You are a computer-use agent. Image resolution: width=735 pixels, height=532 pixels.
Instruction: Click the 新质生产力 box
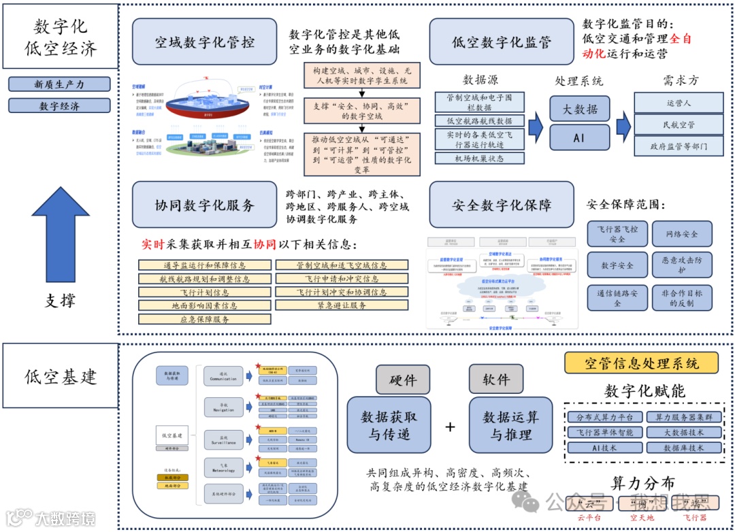click(x=59, y=84)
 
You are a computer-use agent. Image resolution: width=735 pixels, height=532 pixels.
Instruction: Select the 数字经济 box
click(x=59, y=106)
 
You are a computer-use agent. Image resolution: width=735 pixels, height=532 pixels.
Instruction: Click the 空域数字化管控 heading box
click(x=204, y=41)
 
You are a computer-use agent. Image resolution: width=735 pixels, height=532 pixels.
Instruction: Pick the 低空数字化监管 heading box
click(x=502, y=41)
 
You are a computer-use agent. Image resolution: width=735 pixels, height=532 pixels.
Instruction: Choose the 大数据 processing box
click(x=578, y=108)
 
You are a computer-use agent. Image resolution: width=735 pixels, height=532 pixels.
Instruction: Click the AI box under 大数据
click(x=578, y=137)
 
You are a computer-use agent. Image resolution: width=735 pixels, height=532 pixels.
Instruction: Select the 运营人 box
click(x=679, y=103)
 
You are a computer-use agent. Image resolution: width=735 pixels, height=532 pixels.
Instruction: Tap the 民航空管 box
click(x=679, y=124)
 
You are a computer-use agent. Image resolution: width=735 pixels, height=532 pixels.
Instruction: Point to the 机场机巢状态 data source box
click(x=479, y=159)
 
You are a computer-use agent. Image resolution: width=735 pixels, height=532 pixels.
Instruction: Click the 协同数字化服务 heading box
click(x=204, y=205)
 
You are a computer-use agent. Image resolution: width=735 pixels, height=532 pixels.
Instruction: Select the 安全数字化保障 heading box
click(x=502, y=205)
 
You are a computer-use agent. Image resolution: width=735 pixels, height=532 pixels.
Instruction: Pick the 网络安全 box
click(x=682, y=234)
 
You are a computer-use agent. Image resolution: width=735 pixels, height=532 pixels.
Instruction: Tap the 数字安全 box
click(x=617, y=265)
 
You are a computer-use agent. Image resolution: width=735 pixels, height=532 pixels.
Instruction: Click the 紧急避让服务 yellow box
click(x=342, y=305)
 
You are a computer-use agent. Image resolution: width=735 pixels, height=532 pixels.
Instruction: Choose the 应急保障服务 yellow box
click(x=205, y=319)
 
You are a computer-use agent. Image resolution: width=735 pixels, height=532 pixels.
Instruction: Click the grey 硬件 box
click(x=403, y=380)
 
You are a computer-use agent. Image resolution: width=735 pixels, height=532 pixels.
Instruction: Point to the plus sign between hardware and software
click(x=450, y=427)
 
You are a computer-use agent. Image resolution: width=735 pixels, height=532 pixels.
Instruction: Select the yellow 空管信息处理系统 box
click(x=641, y=363)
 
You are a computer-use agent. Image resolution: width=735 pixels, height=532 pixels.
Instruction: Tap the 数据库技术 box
click(x=683, y=448)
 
